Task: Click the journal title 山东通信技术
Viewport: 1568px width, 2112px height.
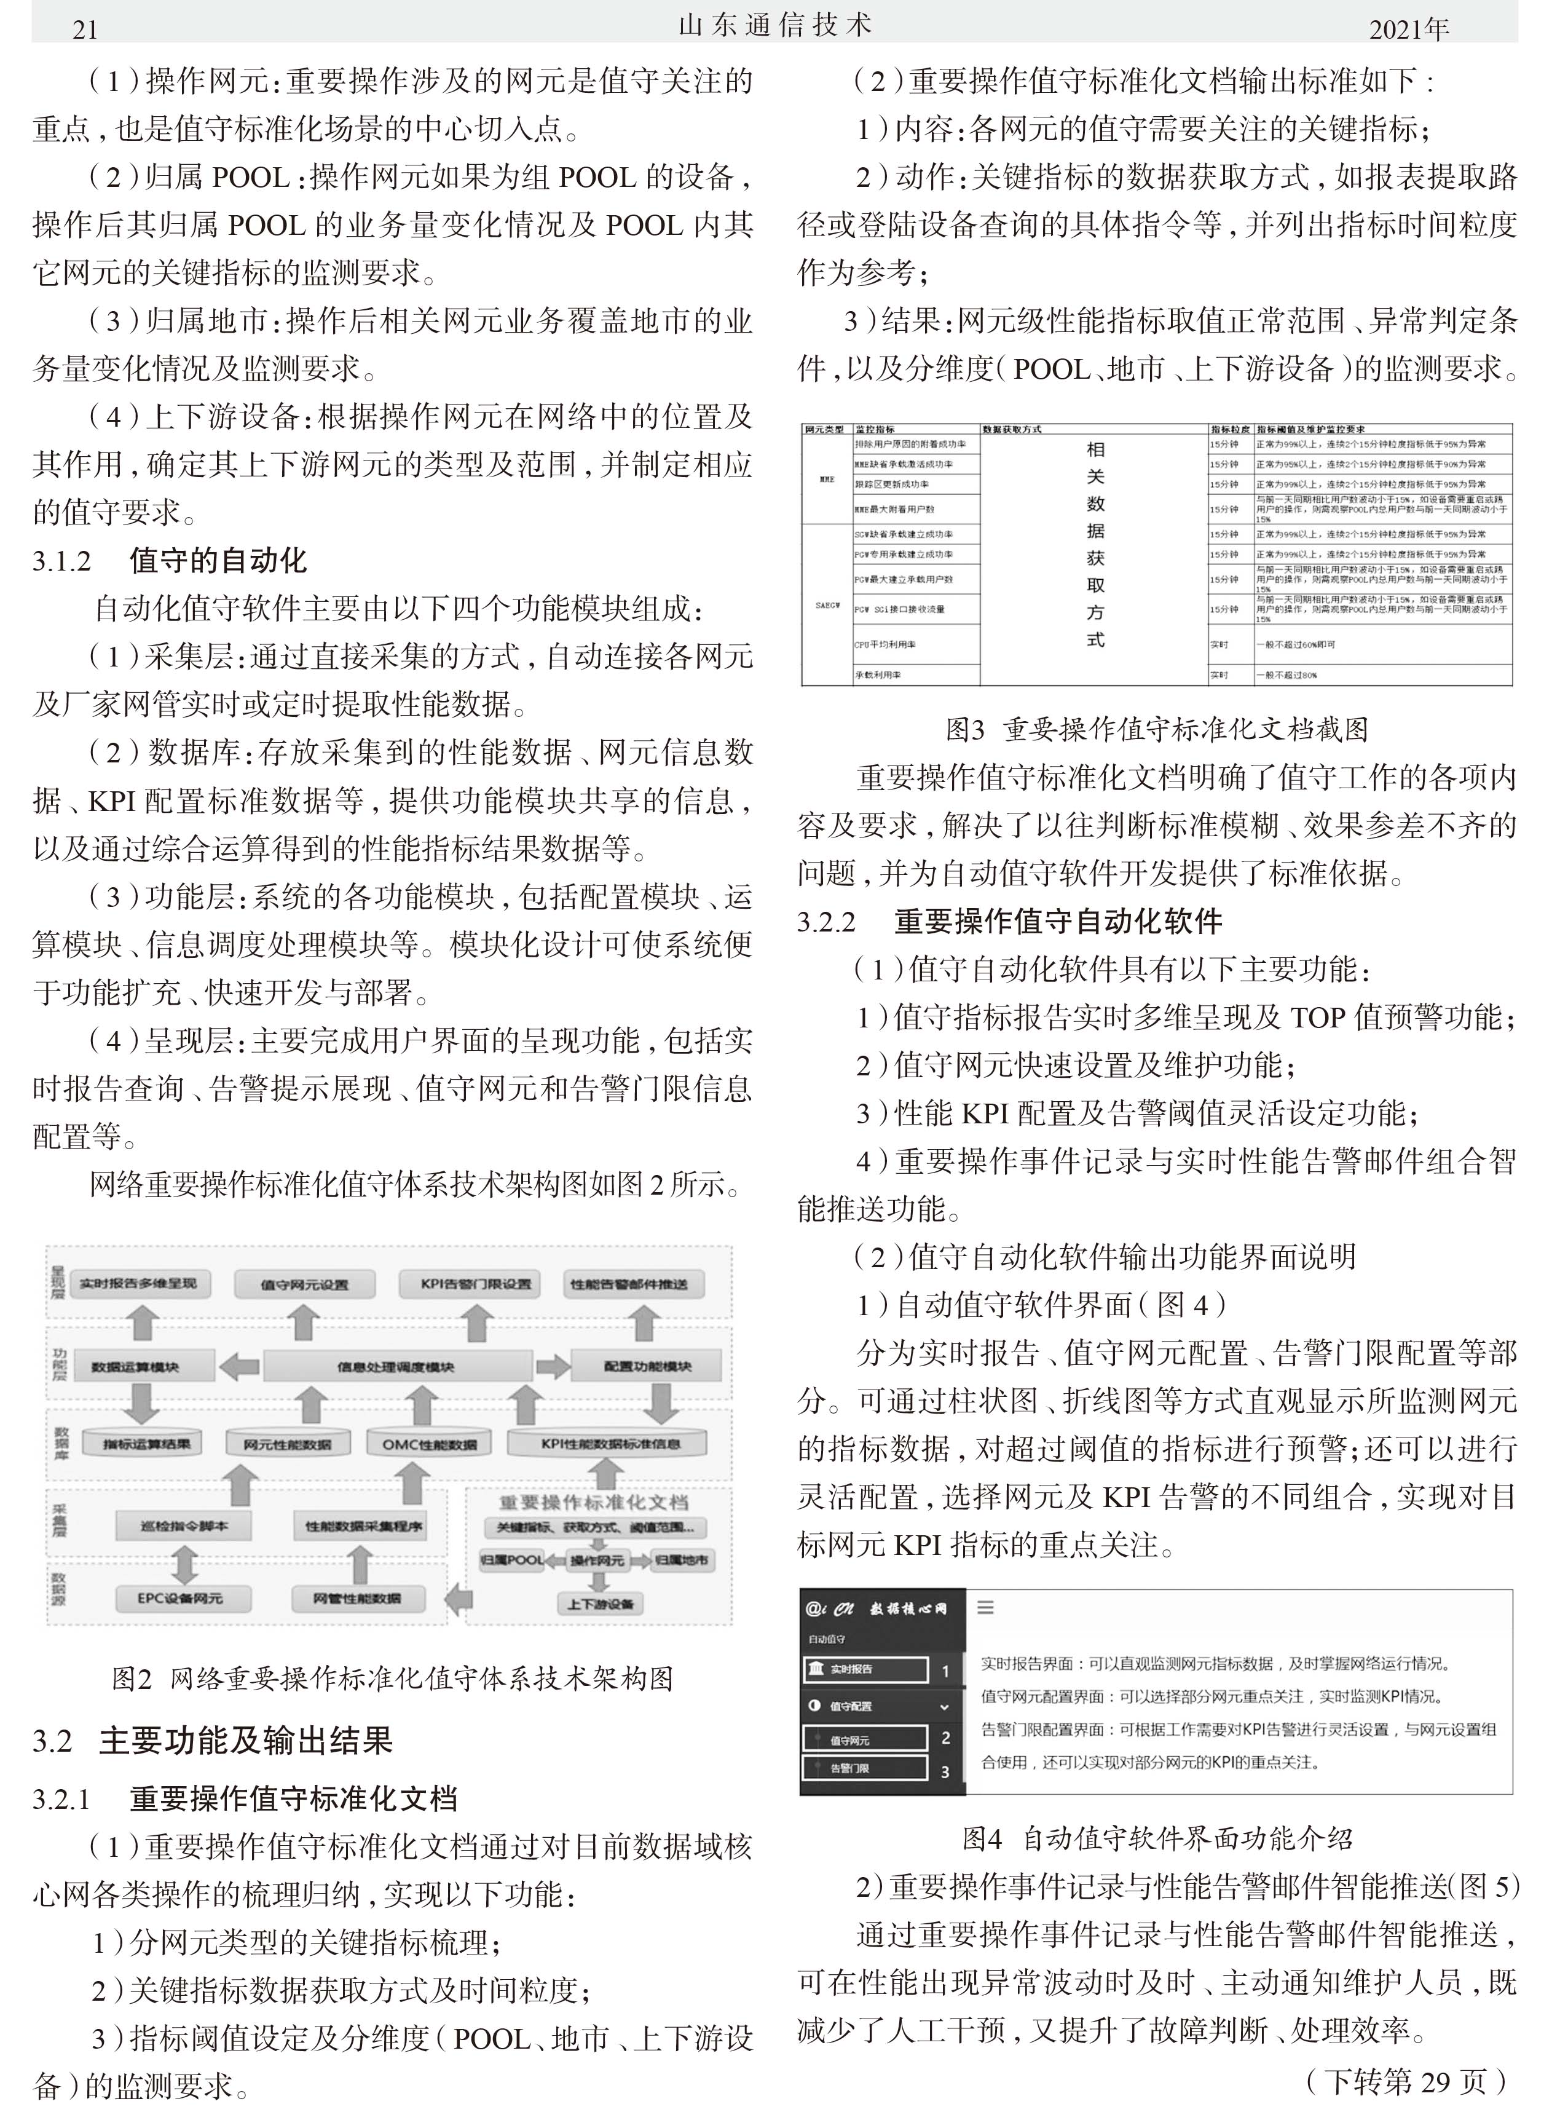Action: [774, 26]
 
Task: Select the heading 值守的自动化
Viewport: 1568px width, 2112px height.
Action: [218, 560]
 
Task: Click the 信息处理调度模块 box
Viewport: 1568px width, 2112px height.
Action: [396, 1367]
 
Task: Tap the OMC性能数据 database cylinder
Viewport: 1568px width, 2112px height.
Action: [429, 1444]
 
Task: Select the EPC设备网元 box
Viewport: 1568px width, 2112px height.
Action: [179, 1597]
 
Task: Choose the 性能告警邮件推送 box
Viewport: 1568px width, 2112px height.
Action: [628, 1283]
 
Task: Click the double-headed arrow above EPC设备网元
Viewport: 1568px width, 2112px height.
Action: [183, 1562]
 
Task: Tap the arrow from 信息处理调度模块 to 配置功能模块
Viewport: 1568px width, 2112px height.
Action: [553, 1367]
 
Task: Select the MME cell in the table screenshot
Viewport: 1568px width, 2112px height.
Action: [827, 480]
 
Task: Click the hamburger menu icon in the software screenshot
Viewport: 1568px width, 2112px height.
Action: [985, 1607]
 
